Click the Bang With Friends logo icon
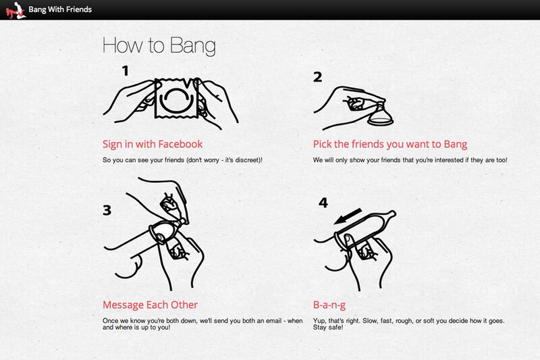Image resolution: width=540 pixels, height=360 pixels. [x=16, y=10]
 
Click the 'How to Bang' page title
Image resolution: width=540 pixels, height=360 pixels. [x=159, y=45]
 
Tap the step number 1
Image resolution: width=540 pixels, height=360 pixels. [x=126, y=71]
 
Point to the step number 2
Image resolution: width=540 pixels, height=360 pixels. [x=317, y=77]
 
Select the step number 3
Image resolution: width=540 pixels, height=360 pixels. [x=107, y=210]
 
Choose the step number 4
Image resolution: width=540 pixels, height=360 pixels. [x=323, y=203]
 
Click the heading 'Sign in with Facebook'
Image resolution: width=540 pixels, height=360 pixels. [x=153, y=144]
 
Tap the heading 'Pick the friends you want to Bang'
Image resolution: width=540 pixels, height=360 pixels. [x=390, y=145]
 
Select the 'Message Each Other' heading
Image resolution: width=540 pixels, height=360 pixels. [x=150, y=305]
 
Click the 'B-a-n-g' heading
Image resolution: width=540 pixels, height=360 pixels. [x=329, y=305]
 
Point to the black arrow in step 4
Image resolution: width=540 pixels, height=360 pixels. [x=348, y=216]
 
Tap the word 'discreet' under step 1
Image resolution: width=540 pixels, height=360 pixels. [x=247, y=160]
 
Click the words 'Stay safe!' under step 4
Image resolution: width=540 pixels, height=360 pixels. [x=328, y=328]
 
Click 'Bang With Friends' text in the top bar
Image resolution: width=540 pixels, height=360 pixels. [x=60, y=9]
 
